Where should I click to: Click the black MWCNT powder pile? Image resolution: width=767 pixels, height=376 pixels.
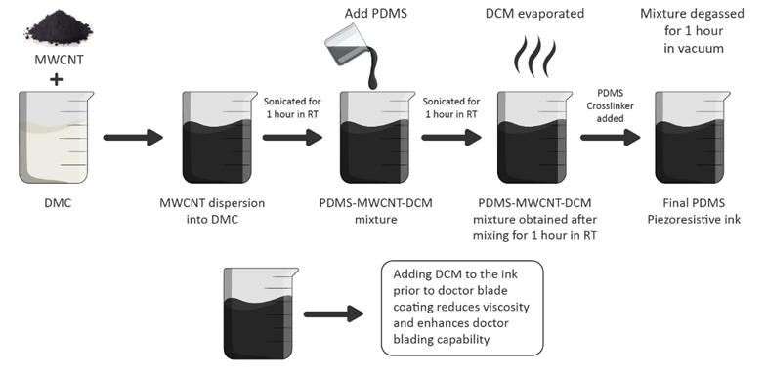[x=59, y=29]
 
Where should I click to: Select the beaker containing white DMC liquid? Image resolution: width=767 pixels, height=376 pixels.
[x=56, y=137]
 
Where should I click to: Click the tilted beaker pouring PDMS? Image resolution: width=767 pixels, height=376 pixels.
[x=348, y=48]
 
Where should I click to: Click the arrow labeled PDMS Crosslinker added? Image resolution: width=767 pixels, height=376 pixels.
[x=611, y=138]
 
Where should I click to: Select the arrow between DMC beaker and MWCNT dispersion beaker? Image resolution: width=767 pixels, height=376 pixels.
[x=133, y=138]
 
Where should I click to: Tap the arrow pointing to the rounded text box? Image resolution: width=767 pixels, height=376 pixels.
[x=333, y=313]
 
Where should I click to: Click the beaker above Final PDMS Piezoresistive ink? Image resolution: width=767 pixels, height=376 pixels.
[x=693, y=137]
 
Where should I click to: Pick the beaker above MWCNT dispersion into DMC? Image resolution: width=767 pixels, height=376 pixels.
[x=220, y=137]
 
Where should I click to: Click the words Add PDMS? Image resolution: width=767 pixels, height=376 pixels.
[x=375, y=14]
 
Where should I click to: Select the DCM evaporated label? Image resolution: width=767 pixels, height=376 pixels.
[x=534, y=14]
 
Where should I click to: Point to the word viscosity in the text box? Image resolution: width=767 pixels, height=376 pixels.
[x=506, y=307]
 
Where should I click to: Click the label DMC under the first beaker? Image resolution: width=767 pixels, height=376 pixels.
[x=58, y=203]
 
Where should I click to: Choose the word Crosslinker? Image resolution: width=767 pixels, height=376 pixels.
[x=611, y=105]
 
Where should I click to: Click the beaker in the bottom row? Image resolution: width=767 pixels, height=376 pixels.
[x=261, y=313]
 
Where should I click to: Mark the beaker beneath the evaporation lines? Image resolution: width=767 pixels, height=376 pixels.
[x=534, y=137]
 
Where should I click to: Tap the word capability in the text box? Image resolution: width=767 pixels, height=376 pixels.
[x=466, y=339]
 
